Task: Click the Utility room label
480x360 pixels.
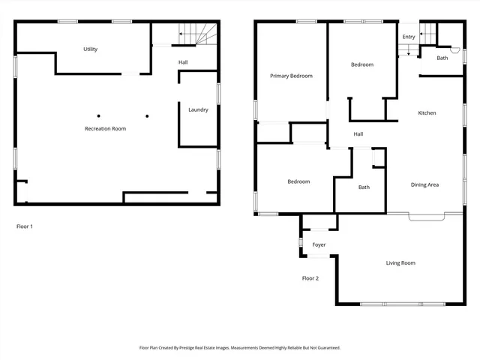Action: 90,49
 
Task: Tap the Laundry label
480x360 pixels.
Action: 198,110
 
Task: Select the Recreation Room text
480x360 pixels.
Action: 105,129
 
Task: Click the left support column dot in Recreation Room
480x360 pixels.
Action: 98,115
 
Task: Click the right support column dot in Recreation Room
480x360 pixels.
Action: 147,115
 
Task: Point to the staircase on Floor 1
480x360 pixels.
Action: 197,34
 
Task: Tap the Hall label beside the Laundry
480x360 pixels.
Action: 183,62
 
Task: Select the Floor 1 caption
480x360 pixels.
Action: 25,226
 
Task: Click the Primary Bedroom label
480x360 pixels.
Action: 291,76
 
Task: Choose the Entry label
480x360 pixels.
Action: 409,37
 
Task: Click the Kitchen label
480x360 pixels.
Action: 427,113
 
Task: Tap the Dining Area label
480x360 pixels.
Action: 424,184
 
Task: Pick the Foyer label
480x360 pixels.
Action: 319,245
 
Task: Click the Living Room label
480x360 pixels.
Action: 400,263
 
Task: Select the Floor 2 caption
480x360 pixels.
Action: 310,278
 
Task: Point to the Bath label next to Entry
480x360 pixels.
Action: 442,58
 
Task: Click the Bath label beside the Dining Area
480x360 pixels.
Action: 364,187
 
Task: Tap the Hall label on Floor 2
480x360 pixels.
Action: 358,134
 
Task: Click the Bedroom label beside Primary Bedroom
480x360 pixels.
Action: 362,65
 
